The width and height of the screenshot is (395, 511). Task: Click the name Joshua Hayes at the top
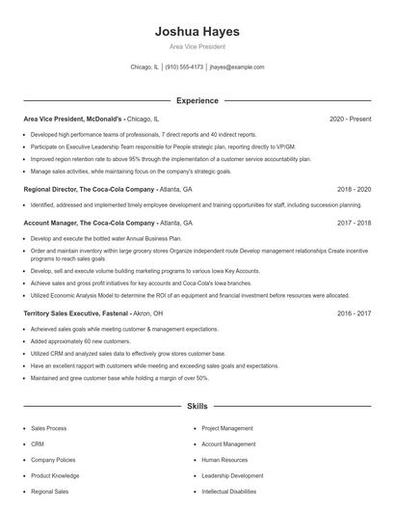pyautogui.click(x=197, y=32)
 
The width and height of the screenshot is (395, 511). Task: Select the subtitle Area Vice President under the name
pyautogui.click(x=197, y=46)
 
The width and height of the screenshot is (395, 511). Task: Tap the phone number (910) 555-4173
pyautogui.click(x=184, y=67)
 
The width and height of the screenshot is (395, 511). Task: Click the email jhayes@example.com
pyautogui.click(x=237, y=67)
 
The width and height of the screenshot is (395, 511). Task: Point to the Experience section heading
pyautogui.click(x=197, y=100)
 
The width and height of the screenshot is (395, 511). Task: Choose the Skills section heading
pyautogui.click(x=197, y=407)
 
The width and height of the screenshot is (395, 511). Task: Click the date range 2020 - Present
pyautogui.click(x=350, y=119)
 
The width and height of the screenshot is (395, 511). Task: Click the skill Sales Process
pyautogui.click(x=49, y=427)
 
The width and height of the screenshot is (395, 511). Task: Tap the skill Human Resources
pyautogui.click(x=224, y=459)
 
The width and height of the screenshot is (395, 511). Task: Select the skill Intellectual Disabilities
pyautogui.click(x=229, y=491)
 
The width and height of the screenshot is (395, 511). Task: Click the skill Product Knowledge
pyautogui.click(x=55, y=475)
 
